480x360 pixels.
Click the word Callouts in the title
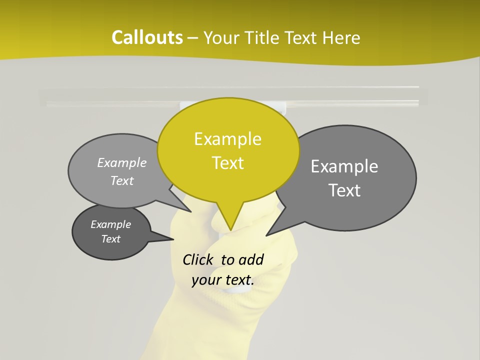(147, 37)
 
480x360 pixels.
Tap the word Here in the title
(341, 37)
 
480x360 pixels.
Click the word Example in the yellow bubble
(228, 139)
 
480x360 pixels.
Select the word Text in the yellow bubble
(228, 163)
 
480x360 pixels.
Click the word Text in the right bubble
(345, 190)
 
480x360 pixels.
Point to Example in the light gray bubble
(122, 163)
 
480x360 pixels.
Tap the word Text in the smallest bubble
(111, 239)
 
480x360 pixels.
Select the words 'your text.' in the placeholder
(223, 280)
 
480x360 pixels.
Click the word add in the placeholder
(251, 259)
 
